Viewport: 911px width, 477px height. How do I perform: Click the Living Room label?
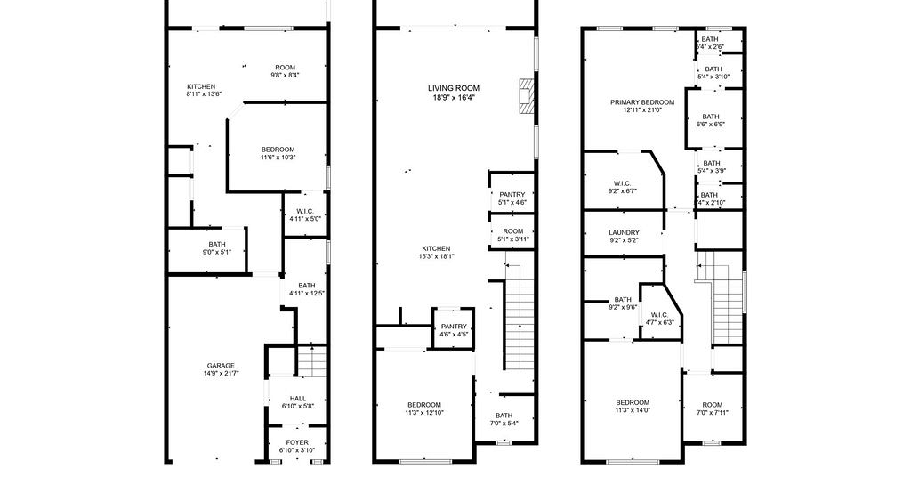pos(454,88)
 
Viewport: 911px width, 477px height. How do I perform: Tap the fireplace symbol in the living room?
pos(526,95)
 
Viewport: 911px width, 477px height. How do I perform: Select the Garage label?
pos(221,366)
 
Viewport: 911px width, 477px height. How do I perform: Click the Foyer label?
pos(297,442)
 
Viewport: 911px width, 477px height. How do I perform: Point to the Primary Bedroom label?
pos(642,102)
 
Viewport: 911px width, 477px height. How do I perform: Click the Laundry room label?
pos(624,232)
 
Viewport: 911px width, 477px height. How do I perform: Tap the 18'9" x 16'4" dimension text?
pos(454,98)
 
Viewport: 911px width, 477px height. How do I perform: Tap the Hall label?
pos(298,399)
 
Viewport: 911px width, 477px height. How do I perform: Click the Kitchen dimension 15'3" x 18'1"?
pos(436,256)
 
